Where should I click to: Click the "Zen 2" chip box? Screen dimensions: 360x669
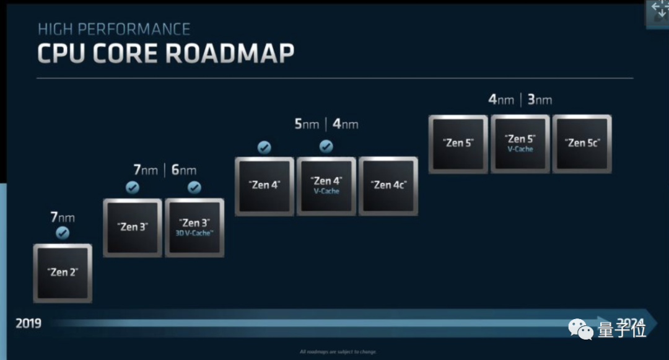click(x=63, y=273)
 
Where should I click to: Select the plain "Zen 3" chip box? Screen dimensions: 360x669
click(x=133, y=227)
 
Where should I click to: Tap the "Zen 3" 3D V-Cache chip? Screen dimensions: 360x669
click(x=195, y=227)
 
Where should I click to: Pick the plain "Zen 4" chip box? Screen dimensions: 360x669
click(x=265, y=185)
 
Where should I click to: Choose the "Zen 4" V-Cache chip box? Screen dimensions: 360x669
click(x=326, y=185)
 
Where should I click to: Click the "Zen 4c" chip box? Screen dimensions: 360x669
click(x=388, y=185)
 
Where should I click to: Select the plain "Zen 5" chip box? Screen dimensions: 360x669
click(x=458, y=143)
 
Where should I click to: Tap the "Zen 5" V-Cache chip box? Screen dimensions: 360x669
click(x=520, y=143)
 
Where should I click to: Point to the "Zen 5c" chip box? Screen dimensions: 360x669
click(x=582, y=143)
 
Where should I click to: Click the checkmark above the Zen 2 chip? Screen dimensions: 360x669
click(x=63, y=234)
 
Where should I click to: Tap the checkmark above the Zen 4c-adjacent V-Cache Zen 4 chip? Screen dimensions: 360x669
click(x=326, y=147)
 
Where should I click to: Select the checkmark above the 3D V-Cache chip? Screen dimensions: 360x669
click(x=195, y=188)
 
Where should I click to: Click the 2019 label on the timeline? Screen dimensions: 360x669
click(x=28, y=323)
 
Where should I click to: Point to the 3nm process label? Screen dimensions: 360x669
click(x=540, y=100)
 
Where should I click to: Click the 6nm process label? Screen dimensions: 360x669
click(x=184, y=170)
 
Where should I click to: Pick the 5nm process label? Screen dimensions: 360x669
click(x=307, y=125)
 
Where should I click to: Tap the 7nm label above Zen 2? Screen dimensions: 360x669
click(x=63, y=217)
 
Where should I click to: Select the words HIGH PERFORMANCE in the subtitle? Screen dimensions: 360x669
click(x=114, y=29)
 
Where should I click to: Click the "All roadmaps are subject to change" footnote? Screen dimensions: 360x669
click(x=338, y=352)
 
